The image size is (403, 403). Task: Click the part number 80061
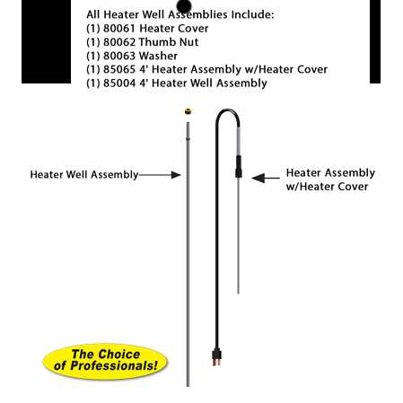click(119, 29)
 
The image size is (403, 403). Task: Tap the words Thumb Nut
click(169, 42)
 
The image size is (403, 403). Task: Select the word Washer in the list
click(158, 56)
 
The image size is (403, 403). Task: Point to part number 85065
click(119, 69)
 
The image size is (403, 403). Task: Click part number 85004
click(119, 83)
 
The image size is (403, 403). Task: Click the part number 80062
click(119, 42)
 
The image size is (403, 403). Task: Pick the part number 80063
click(119, 56)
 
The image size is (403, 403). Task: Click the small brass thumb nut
click(188, 111)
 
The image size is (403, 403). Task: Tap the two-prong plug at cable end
click(216, 357)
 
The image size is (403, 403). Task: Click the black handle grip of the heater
click(239, 167)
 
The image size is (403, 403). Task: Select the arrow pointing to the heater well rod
click(160, 175)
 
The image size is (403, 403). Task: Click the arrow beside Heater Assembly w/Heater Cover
click(266, 178)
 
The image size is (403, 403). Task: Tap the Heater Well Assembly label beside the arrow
click(84, 175)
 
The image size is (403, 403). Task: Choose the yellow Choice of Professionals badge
click(105, 362)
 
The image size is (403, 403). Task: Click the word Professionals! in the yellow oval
click(114, 366)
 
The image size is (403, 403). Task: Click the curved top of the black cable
click(228, 110)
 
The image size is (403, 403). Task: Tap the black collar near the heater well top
click(188, 138)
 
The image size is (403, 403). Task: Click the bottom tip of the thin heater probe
click(238, 293)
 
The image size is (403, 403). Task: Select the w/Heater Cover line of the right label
click(327, 187)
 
